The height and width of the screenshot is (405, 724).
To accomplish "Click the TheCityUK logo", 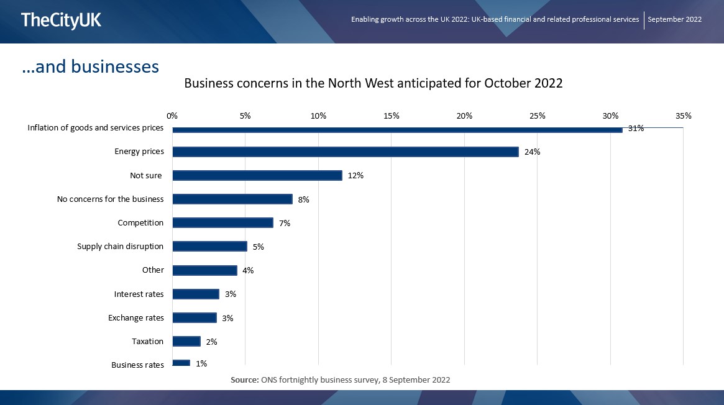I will point(61,20).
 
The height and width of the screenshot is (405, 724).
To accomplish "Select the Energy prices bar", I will point(345,152).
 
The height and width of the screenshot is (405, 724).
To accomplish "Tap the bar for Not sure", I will point(257,175).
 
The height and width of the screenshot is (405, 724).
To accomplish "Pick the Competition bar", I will point(222,222).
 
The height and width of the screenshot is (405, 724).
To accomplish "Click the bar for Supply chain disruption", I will point(209,246).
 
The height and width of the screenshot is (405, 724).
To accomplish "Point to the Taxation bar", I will point(186,341).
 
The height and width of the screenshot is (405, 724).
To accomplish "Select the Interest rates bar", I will point(196,294).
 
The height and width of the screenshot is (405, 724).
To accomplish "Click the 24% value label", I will point(532,152).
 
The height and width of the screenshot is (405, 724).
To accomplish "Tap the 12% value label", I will point(355,176).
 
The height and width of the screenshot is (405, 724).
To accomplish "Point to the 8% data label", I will point(303,199).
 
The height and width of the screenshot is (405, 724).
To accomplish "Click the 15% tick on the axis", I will point(392,116).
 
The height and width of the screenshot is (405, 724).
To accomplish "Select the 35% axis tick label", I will point(683,116).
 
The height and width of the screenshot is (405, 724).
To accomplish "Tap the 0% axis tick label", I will point(172,116).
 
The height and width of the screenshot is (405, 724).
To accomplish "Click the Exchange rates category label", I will point(136,317).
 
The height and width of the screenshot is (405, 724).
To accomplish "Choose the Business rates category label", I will point(137,365).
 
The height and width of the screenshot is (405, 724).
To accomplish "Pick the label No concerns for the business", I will point(110,199).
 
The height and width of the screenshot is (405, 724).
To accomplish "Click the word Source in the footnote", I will point(244,379).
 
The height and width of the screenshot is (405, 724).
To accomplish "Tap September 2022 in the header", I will point(674,19).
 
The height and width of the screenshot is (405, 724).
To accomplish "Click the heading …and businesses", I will point(91,66).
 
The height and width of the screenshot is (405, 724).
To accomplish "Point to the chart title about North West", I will point(373,83).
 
